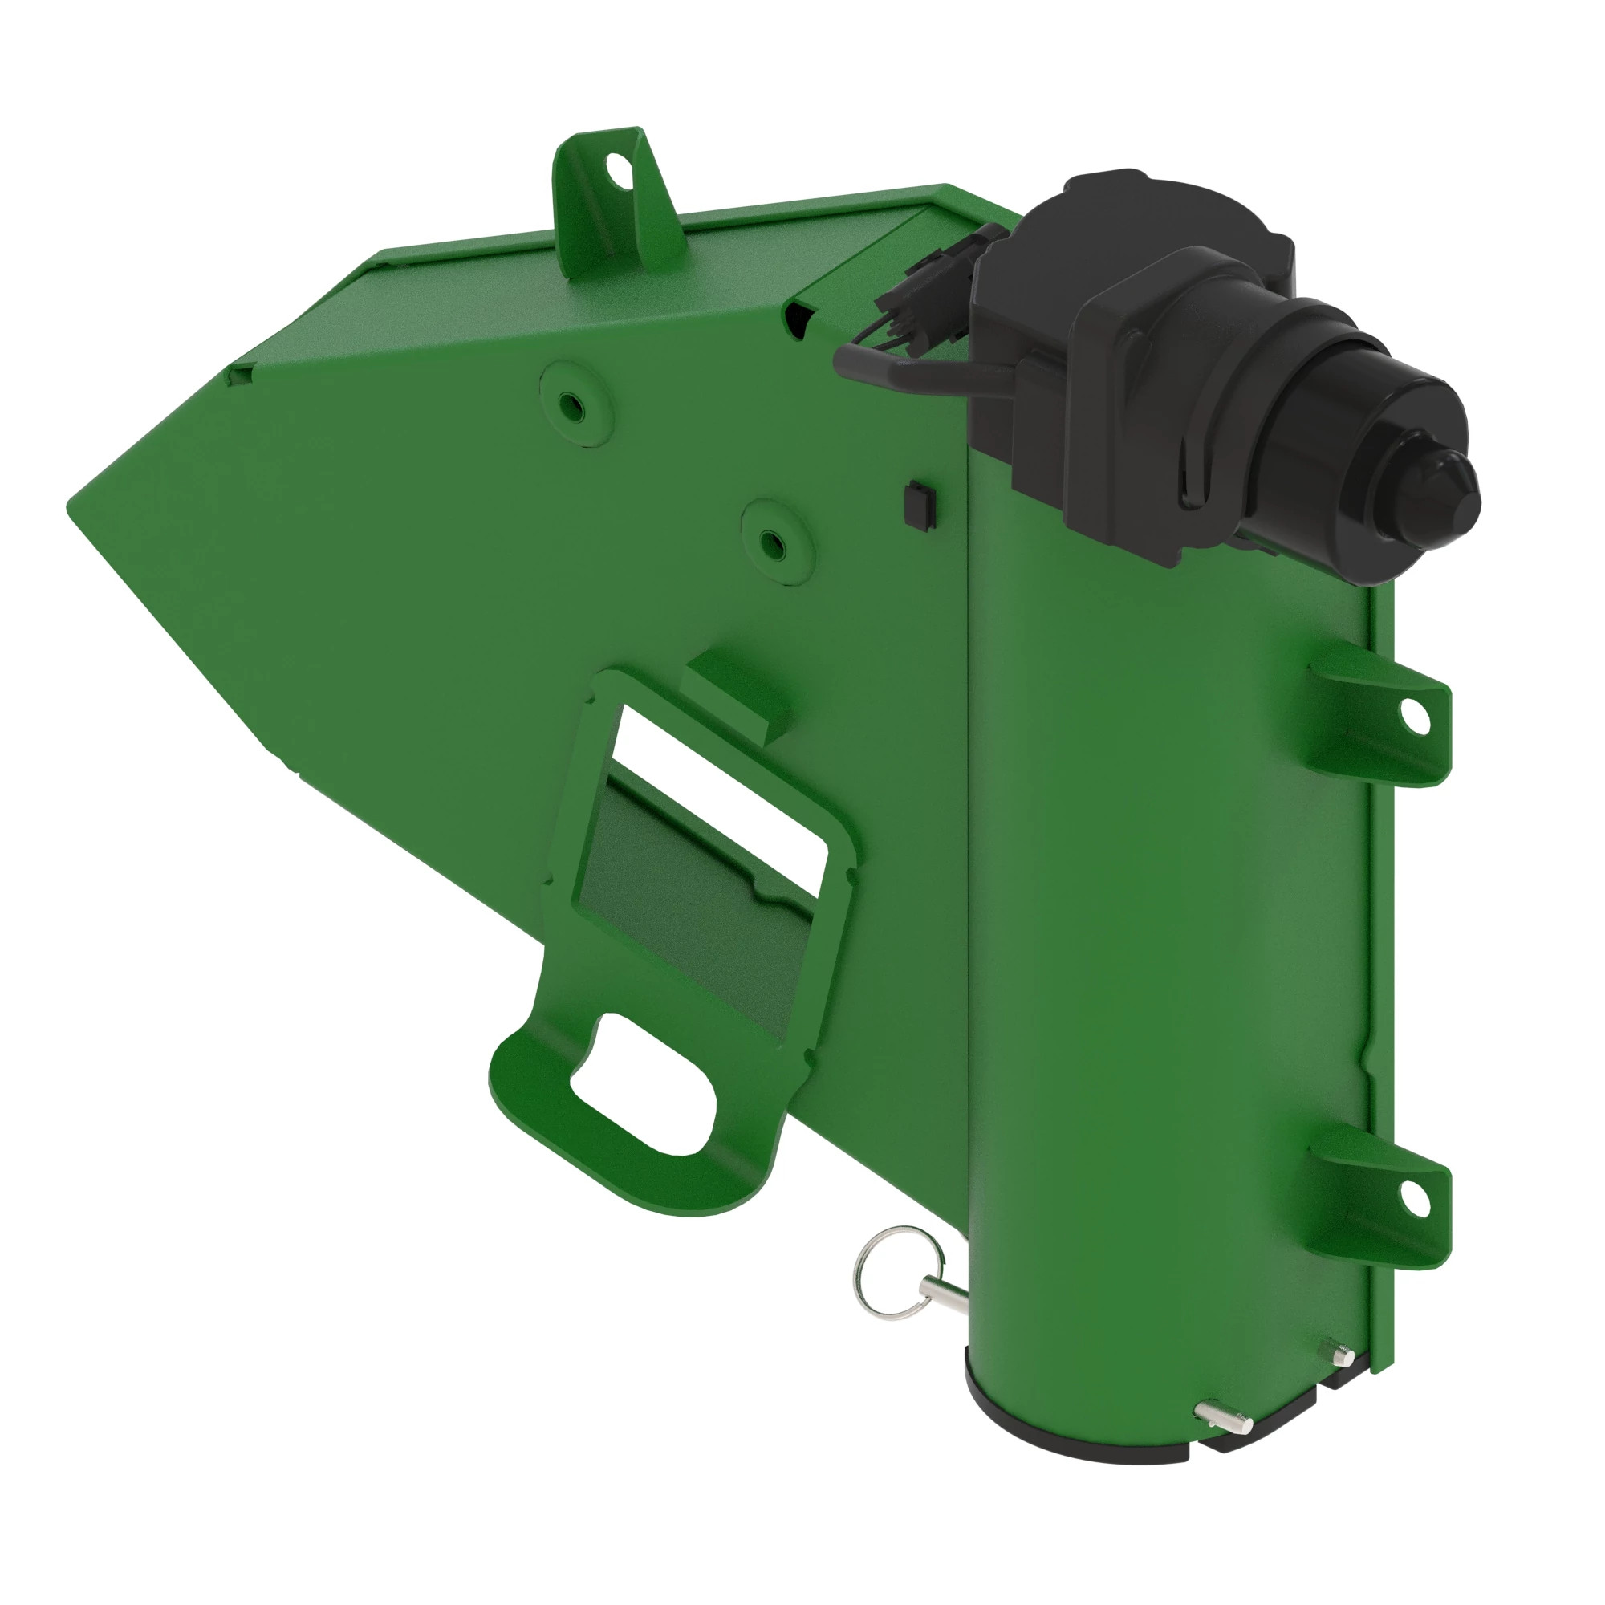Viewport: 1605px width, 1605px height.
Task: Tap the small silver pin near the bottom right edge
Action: pyautogui.click(x=1338, y=1355)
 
